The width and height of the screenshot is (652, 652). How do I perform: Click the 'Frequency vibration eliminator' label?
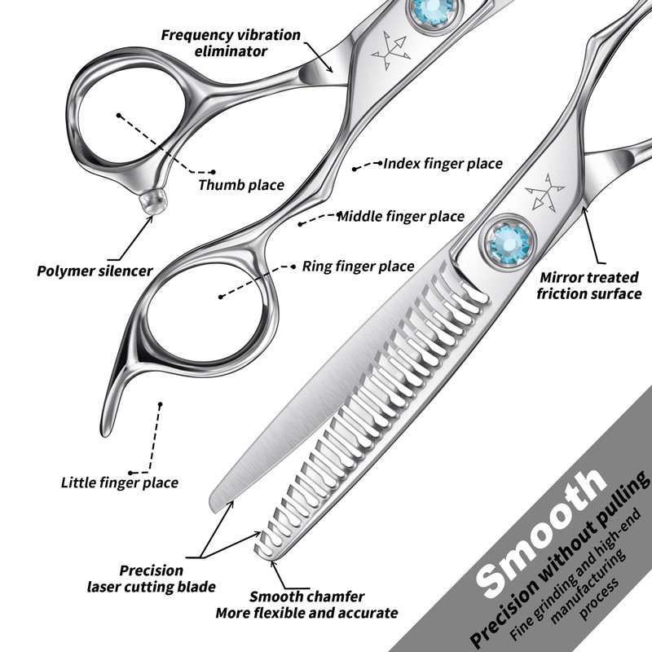click(x=231, y=42)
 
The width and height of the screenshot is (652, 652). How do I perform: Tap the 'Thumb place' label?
click(x=241, y=185)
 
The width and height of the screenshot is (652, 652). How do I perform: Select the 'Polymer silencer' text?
click(x=95, y=271)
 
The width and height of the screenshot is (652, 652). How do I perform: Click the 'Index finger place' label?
click(x=443, y=164)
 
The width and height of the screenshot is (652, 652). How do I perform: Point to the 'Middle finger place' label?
click(x=401, y=217)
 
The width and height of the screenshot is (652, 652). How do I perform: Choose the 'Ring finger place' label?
click(x=358, y=266)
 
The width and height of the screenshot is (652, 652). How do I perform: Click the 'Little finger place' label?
click(x=120, y=482)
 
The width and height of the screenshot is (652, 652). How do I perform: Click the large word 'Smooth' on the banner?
click(x=542, y=530)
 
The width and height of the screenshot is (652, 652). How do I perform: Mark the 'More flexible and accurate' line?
click(x=306, y=613)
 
